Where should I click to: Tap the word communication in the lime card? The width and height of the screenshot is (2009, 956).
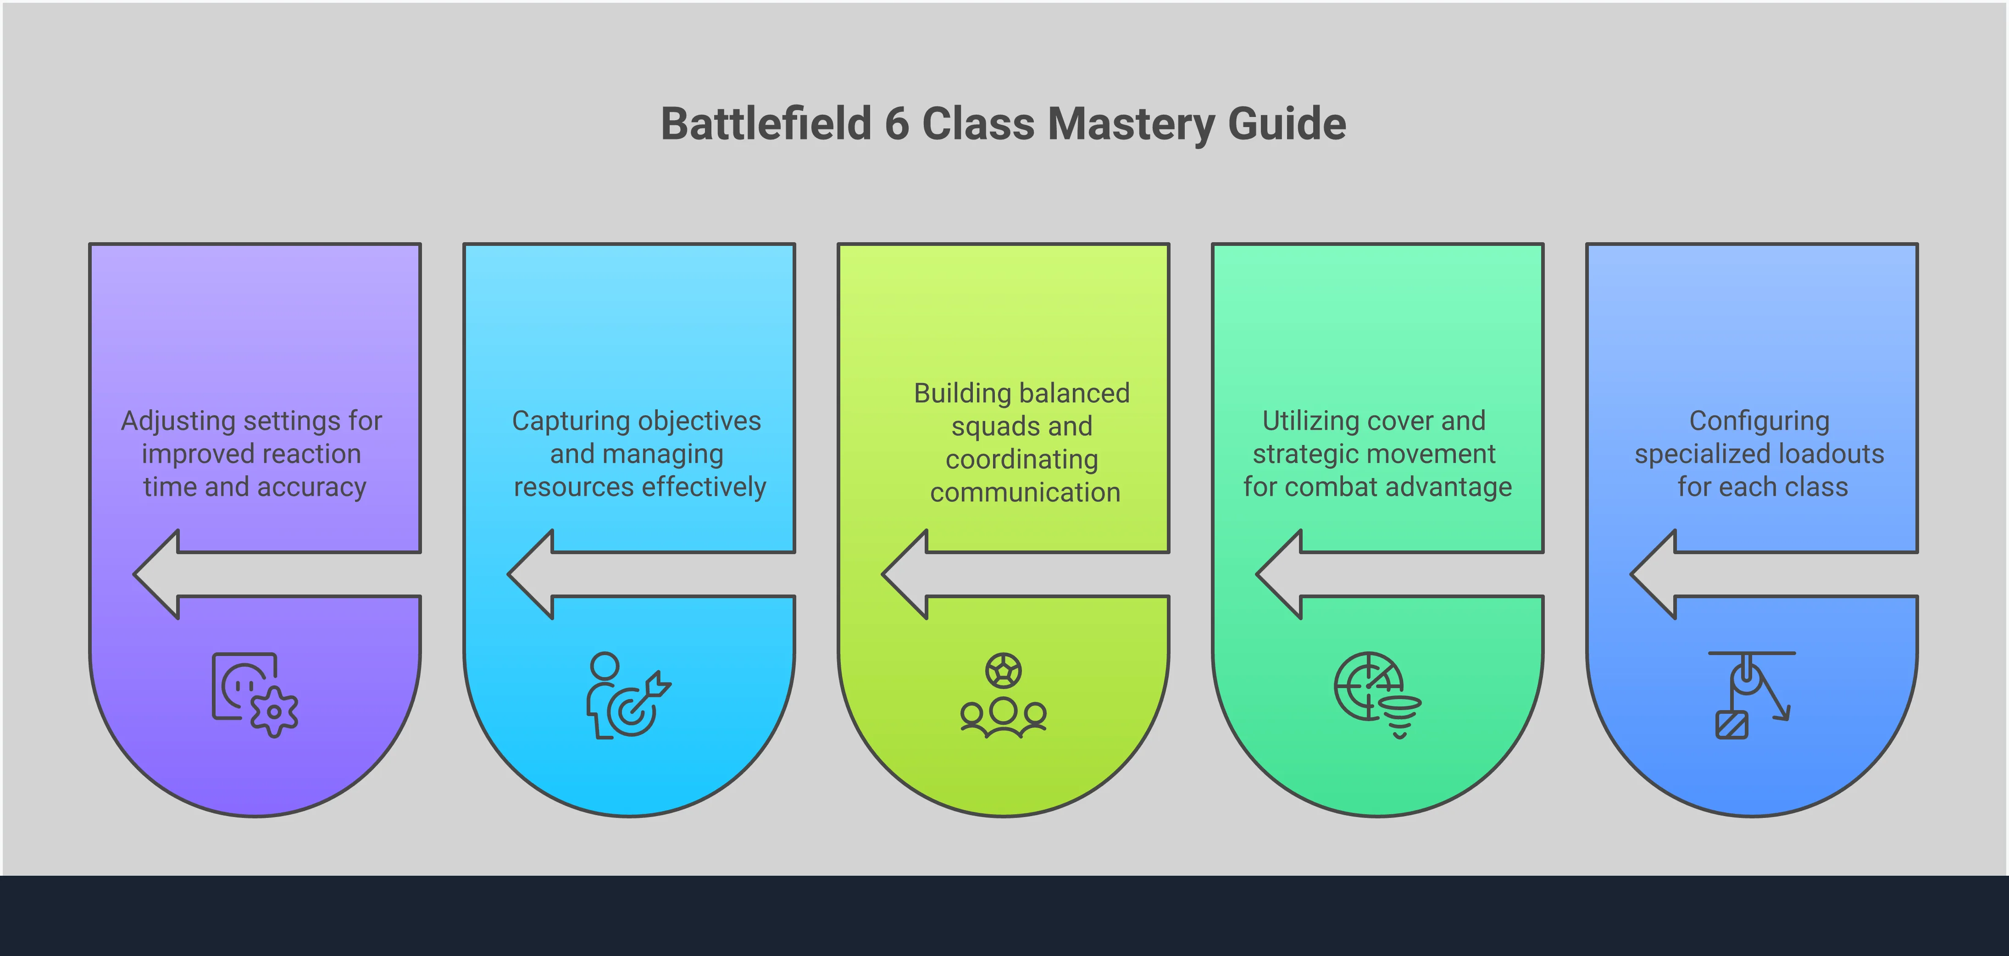point(1025,493)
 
